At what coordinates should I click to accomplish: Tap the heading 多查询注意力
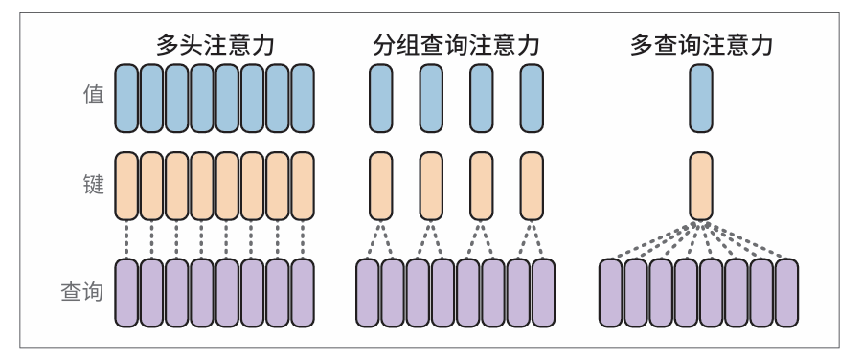pos(702,44)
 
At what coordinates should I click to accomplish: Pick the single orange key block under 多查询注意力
pos(701,186)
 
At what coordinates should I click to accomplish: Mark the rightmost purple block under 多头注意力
pos(302,291)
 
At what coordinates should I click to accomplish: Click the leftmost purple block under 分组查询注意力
pos(369,291)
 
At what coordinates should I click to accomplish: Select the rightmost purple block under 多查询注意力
pos(786,291)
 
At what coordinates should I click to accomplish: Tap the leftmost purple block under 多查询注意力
pos(611,291)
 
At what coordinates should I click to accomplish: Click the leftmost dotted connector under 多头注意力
pos(126,239)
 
